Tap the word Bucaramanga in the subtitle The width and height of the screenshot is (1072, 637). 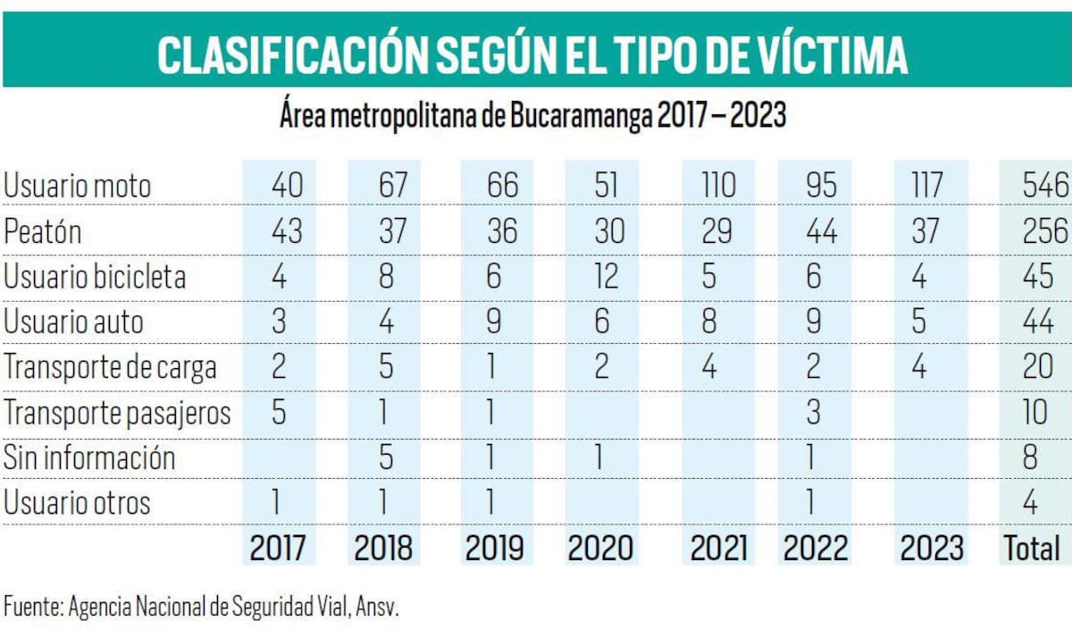pyautogui.click(x=582, y=117)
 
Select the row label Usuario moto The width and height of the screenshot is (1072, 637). pyautogui.click(x=78, y=186)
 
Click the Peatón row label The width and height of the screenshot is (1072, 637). pyautogui.click(x=43, y=231)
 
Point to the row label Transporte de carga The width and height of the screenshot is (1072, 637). pyautogui.click(x=110, y=367)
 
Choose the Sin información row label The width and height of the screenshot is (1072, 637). pyautogui.click(x=89, y=457)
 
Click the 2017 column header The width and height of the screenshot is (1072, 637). pyautogui.click(x=277, y=548)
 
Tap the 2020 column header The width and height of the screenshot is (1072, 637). pyautogui.click(x=601, y=548)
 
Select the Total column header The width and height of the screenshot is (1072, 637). pyautogui.click(x=1032, y=548)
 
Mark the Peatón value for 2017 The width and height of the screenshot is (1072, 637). pyautogui.click(x=286, y=231)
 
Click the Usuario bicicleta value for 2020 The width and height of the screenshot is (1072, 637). pyautogui.click(x=606, y=276)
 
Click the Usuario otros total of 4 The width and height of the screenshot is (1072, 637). pyautogui.click(x=1030, y=503)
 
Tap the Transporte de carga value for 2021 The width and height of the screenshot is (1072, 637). pyautogui.click(x=709, y=367)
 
